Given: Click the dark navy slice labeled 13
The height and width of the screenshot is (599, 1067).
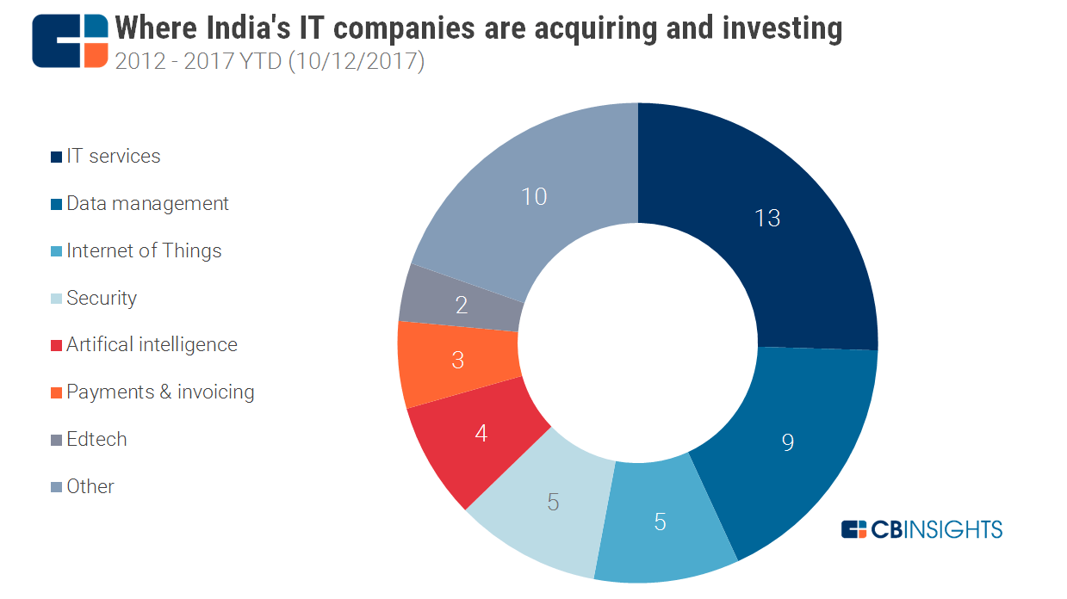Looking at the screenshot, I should coord(766,218).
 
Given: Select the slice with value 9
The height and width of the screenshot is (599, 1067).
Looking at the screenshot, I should coord(786,442).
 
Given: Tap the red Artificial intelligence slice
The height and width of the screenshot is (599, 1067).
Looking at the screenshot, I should coord(481,433).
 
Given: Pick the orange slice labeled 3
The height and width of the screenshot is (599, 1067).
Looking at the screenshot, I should coord(458,360).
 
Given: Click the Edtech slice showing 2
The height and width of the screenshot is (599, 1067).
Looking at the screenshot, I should coord(462,305).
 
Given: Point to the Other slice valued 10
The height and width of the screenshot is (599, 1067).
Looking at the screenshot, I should coord(534,197).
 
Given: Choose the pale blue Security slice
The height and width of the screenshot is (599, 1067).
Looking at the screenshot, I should coord(553,502).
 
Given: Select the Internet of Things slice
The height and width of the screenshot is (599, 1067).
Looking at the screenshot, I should coord(660,522).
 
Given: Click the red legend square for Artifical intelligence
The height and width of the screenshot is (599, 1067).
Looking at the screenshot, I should coord(57,346).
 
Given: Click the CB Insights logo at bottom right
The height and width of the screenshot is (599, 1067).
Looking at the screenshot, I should coord(921,529).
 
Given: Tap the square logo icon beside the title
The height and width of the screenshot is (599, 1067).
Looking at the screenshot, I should coord(71,40).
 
